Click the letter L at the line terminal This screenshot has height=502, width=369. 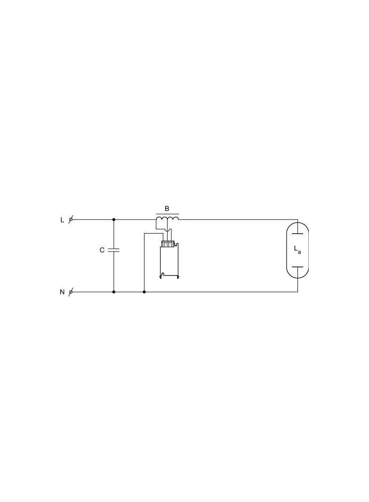[x=62, y=220]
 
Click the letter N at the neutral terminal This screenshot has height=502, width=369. [x=62, y=292]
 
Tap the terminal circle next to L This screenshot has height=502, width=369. [x=71, y=219]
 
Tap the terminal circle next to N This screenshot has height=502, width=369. [x=71, y=292]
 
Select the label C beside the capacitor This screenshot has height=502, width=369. [x=102, y=250]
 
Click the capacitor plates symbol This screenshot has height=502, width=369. [x=113, y=250]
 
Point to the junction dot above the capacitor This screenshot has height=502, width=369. [x=113, y=219]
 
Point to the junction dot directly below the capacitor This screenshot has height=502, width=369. [x=113, y=292]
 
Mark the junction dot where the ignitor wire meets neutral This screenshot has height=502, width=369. [x=144, y=292]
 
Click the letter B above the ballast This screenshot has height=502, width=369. [x=167, y=209]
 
